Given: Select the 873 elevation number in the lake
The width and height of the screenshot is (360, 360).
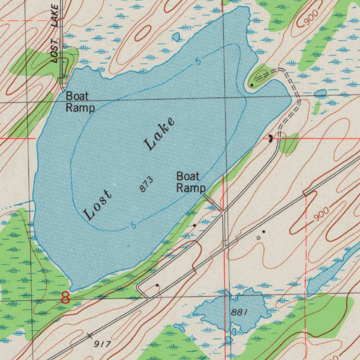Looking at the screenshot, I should [146, 185].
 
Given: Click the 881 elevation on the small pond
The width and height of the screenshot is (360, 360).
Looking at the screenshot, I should [240, 312].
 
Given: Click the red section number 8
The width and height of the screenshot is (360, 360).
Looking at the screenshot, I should [65, 297].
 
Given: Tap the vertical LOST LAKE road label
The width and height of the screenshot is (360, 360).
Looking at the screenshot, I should [54, 33].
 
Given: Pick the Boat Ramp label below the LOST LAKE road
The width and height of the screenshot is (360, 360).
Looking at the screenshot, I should [80, 102].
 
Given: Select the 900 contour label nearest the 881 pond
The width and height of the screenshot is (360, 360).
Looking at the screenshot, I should [321, 214].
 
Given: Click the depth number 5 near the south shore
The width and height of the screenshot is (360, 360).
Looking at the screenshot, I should [133, 226].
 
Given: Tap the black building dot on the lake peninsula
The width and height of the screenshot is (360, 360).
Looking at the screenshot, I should [252, 85].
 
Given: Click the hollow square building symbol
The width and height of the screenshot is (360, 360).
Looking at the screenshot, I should [258, 238].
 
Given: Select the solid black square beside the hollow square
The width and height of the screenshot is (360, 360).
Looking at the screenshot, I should [263, 232].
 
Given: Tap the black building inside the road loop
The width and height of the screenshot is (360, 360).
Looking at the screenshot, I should [157, 285].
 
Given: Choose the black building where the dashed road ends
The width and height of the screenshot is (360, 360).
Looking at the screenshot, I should [270, 138].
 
